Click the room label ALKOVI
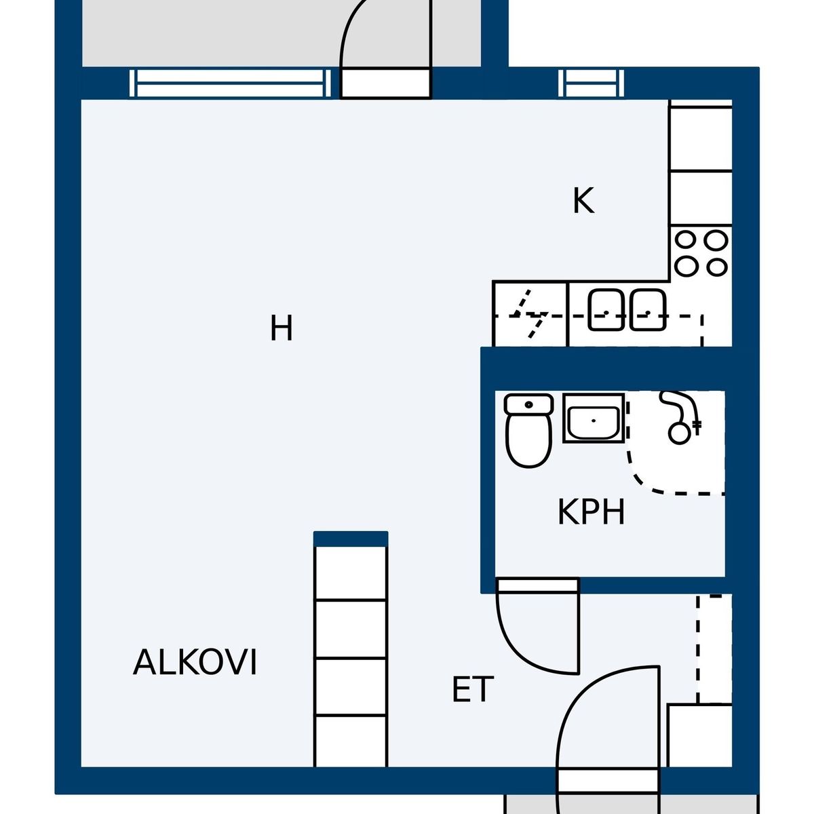195,662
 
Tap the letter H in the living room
282,328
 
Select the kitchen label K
583,201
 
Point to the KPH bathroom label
591,512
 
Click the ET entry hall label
473,689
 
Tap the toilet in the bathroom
529,431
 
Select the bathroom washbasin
594,419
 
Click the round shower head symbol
680,433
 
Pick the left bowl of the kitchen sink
606,310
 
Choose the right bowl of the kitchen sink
648,310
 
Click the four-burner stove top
701,254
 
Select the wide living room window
230,83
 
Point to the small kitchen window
591,83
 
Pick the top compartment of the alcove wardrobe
351,573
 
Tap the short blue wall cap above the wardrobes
351,539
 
